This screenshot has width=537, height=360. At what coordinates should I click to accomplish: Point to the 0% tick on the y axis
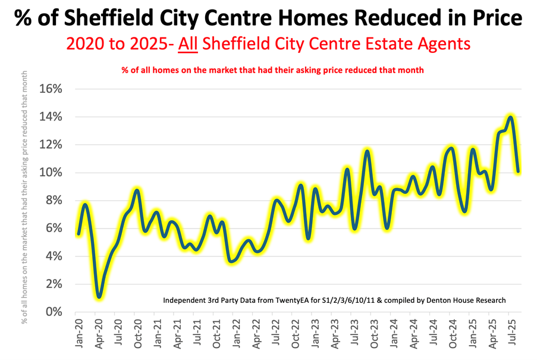click(53, 311)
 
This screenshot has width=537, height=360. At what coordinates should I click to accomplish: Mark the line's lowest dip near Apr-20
click(99, 296)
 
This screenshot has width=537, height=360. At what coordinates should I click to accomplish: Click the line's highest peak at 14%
click(510, 117)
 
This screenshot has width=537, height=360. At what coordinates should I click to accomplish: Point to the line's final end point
click(519, 171)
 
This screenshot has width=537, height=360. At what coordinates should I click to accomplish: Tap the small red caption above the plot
click(272, 70)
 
